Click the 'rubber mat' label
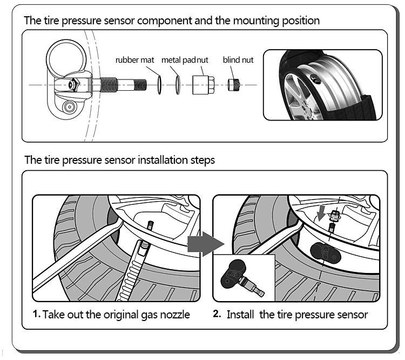coord(134,60)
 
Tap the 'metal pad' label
coord(179,60)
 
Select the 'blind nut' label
coord(238,60)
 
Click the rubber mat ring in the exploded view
coord(159,85)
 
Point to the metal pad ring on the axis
coord(178,85)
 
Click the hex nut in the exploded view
coord(203,85)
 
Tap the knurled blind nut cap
coord(234,85)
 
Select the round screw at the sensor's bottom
coord(70,106)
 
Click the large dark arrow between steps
coord(205,244)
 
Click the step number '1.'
coord(36,314)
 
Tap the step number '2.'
coord(217,314)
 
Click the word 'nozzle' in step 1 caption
coord(175,315)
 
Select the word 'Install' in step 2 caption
coord(240,315)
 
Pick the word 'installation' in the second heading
coord(162,160)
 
